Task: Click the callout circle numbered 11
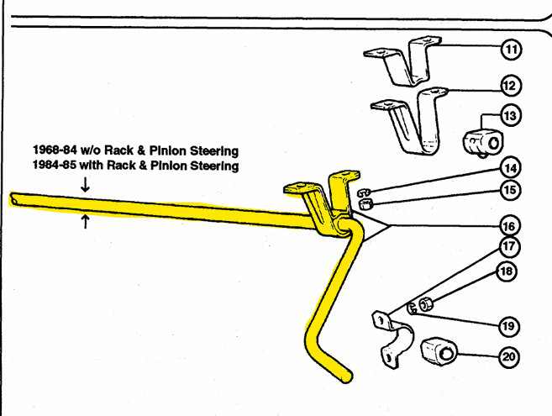tap(511, 50)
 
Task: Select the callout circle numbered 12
tap(511, 86)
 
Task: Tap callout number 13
tap(511, 115)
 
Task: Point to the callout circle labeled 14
tap(511, 168)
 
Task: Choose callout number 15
tap(510, 190)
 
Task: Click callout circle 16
tap(509, 226)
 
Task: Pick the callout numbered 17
tap(509, 246)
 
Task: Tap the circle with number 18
tap(507, 271)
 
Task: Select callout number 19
tap(508, 326)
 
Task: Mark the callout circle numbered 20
tap(509, 357)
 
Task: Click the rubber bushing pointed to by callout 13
tap(483, 143)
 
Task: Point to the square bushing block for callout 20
tap(439, 352)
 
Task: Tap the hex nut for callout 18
tap(426, 305)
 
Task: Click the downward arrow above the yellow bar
tap(85, 185)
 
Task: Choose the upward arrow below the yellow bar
tap(85, 222)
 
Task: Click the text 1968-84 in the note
tap(55, 150)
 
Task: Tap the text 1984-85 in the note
tap(55, 165)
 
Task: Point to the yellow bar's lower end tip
tap(346, 377)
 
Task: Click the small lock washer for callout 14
tap(364, 192)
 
